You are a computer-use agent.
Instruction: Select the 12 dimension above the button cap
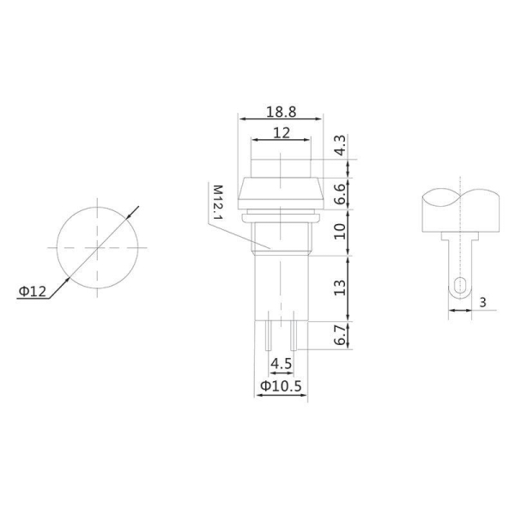(280, 133)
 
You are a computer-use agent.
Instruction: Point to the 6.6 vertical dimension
(340, 194)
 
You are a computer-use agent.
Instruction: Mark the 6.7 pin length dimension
(340, 334)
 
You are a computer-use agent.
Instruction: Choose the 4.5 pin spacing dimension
(280, 364)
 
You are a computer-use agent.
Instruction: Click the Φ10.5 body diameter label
(280, 387)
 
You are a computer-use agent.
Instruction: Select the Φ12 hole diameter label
(32, 291)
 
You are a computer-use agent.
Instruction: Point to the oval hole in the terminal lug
(461, 287)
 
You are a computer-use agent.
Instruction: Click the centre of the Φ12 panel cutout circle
(99, 247)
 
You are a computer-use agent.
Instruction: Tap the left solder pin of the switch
(270, 334)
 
